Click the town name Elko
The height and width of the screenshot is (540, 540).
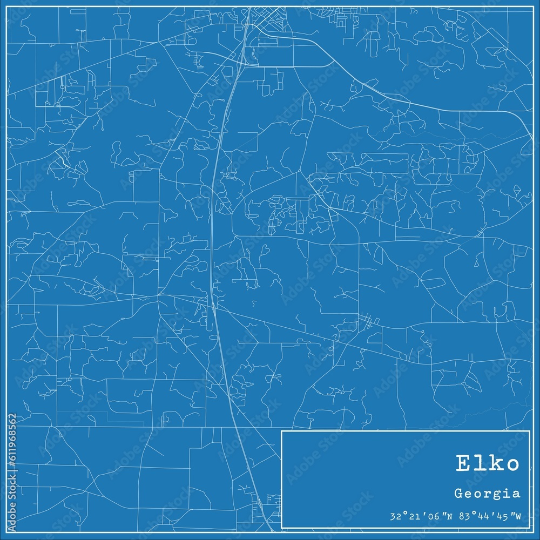coord(488,464)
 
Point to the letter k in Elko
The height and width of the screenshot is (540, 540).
coord(496,464)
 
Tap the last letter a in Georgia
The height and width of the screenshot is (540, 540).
coord(517,494)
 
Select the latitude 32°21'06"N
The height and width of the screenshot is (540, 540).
coord(418,517)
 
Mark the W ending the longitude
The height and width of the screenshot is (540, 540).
coord(518,517)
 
